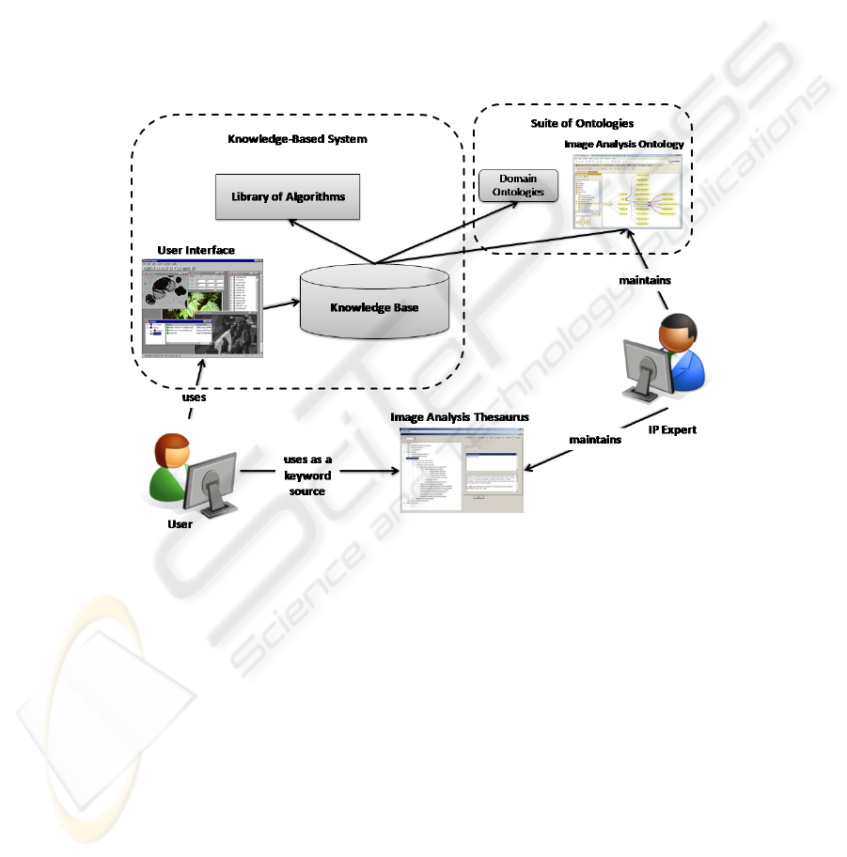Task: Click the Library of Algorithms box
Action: [288, 197]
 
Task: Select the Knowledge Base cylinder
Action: [373, 305]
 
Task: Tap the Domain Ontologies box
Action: [517, 185]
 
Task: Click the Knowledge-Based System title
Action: [297, 139]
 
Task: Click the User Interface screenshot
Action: [200, 307]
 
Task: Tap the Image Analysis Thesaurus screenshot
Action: [461, 470]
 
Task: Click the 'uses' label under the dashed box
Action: [195, 397]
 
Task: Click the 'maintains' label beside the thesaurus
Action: [595, 440]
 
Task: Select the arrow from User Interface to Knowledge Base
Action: [281, 304]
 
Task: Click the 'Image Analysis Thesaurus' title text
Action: [456, 417]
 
